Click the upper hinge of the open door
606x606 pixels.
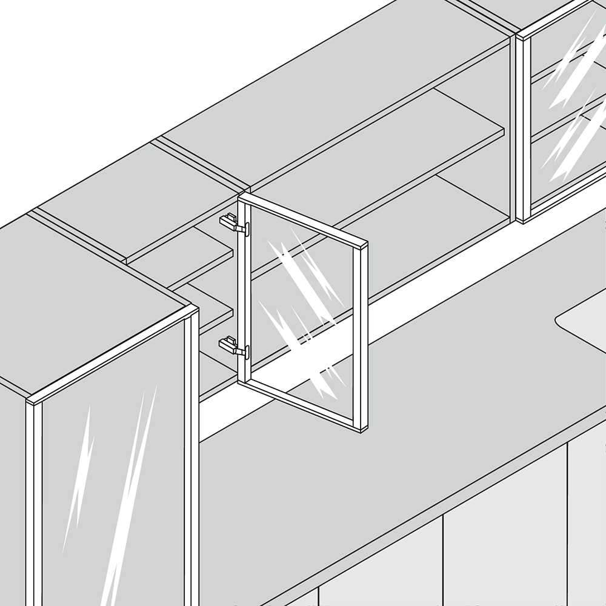coord(233,224)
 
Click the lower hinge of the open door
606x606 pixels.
coord(233,346)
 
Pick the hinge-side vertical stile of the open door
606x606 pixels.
coord(245,291)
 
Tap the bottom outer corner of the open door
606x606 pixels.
coord(362,431)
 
